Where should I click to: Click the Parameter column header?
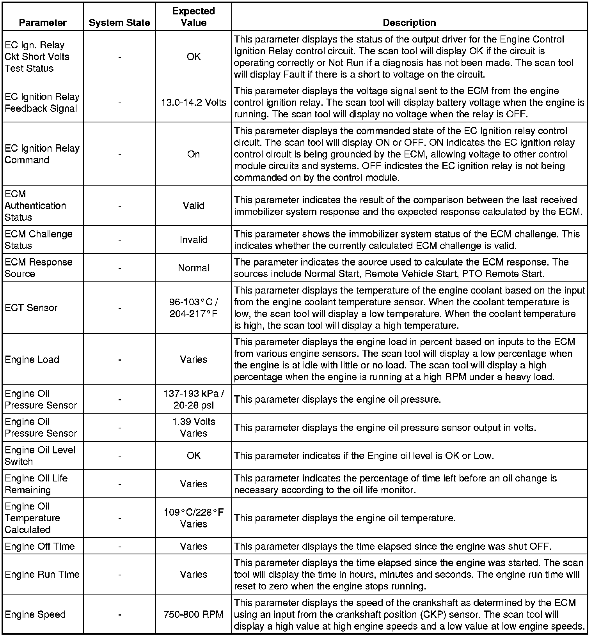[x=43, y=23]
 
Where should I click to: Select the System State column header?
[x=119, y=23]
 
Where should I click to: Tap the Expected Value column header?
[x=194, y=17]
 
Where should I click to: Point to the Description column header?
[x=409, y=23]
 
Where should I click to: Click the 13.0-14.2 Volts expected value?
[x=194, y=103]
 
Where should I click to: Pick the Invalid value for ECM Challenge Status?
[x=194, y=240]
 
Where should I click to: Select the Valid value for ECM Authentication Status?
[x=194, y=205]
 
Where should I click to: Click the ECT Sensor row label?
[x=31, y=308]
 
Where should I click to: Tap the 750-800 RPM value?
[x=194, y=614]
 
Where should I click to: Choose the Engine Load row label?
[x=32, y=359]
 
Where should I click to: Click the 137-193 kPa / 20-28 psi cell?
[x=194, y=399]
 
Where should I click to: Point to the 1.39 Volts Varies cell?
[x=194, y=427]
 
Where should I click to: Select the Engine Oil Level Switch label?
[x=40, y=455]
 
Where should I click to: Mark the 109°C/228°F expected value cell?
[x=194, y=518]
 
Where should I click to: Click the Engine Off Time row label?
[x=39, y=546]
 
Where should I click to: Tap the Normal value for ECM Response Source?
[x=194, y=268]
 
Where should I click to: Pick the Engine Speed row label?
[x=35, y=614]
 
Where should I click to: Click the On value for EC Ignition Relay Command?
[x=194, y=154]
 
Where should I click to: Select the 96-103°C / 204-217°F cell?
[x=194, y=308]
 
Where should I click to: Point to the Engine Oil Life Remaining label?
[x=36, y=484]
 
